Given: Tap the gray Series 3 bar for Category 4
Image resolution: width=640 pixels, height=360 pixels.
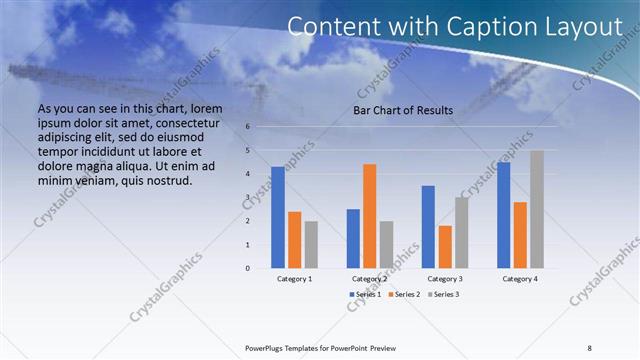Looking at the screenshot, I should (x=537, y=209).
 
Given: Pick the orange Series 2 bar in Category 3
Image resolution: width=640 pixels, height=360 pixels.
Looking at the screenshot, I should (x=445, y=246).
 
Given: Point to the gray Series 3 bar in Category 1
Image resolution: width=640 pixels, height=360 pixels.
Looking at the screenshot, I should (x=311, y=244).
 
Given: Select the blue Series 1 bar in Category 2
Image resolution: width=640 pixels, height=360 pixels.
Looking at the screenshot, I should (x=352, y=238).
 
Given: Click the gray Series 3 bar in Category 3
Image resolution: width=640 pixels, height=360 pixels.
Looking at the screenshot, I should (x=462, y=232).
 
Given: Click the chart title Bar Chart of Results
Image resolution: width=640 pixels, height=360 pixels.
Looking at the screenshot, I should (x=403, y=110).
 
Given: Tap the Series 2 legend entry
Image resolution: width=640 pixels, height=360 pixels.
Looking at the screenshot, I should (x=403, y=295).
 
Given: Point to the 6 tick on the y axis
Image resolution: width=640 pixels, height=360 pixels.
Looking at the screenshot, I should (x=247, y=127).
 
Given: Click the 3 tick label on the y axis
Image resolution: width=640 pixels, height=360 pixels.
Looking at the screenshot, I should (x=247, y=197).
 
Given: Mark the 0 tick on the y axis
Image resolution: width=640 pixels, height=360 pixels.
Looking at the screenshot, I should (x=247, y=268).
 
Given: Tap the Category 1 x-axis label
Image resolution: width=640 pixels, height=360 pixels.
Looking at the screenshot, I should (x=294, y=279).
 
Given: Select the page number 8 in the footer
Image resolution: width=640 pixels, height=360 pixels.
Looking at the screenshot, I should (x=589, y=348).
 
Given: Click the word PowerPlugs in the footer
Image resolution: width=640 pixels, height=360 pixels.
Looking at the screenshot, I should (x=265, y=348).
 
